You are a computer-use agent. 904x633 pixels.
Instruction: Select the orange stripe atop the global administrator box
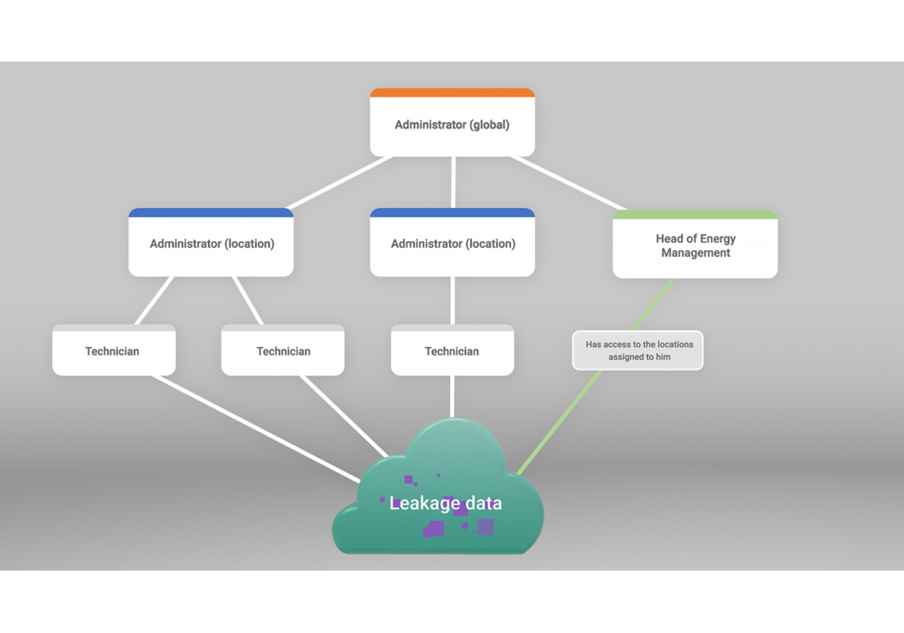(x=452, y=92)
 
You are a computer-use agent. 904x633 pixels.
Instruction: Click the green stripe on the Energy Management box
(x=695, y=214)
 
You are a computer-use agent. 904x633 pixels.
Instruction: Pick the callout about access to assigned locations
(x=638, y=350)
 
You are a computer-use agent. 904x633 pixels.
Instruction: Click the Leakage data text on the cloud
(x=445, y=503)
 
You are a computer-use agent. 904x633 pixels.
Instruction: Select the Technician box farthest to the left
(x=114, y=351)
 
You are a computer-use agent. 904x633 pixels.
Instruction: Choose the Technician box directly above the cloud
(x=452, y=351)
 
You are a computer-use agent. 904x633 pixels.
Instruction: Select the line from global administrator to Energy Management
(x=568, y=183)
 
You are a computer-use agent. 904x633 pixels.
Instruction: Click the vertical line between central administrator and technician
(x=452, y=300)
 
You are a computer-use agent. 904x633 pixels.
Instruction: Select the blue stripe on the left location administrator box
(x=211, y=212)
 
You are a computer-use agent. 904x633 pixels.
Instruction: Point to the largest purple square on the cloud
(x=485, y=526)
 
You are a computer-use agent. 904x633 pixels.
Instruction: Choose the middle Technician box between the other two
(x=282, y=351)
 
